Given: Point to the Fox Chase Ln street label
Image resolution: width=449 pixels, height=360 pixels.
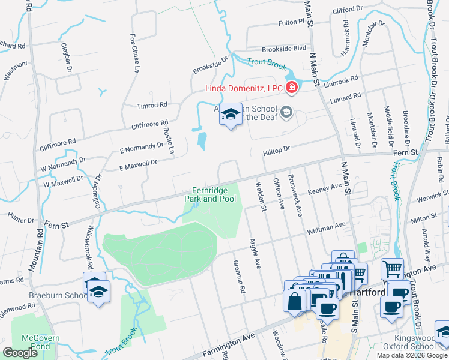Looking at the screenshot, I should click(x=134, y=52).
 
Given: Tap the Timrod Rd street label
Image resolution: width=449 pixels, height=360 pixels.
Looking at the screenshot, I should click(x=152, y=105).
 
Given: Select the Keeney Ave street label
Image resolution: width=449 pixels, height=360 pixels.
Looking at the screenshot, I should click(x=325, y=188).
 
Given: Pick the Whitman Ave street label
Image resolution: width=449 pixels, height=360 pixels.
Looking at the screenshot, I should click(x=326, y=226).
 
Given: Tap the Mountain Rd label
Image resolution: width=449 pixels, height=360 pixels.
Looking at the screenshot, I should click(x=40, y=242).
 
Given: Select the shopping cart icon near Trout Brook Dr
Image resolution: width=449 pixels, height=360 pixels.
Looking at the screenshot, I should click(x=391, y=268).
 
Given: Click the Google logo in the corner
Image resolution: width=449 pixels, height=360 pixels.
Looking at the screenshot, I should click(x=20, y=353).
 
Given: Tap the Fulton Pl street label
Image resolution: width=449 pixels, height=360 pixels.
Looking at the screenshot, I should click(x=292, y=22).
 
